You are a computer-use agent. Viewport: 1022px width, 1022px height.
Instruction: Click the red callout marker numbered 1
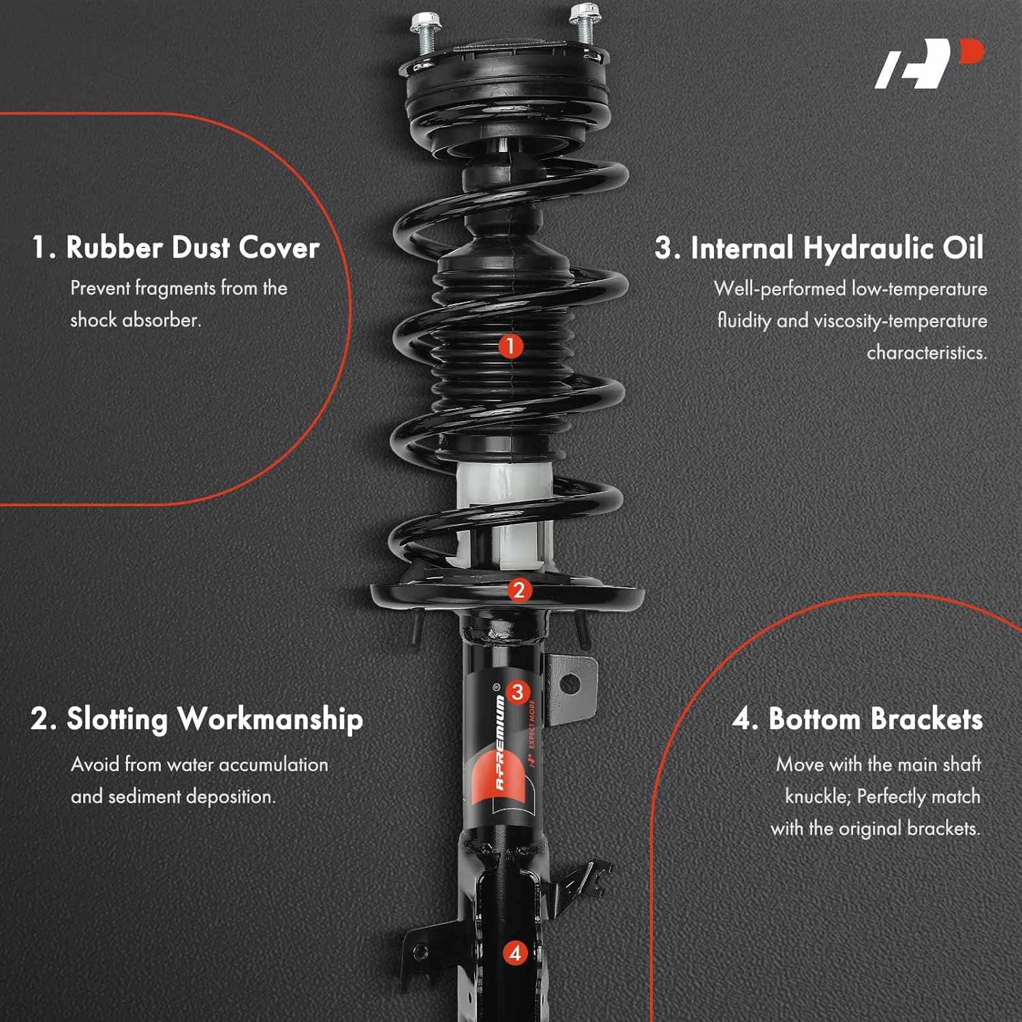pos(510,346)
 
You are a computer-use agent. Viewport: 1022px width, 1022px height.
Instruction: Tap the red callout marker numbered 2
pos(518,590)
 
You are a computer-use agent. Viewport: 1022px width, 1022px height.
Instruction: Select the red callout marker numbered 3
pos(518,692)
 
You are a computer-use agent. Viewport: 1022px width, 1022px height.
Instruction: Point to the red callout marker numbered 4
pos(515,953)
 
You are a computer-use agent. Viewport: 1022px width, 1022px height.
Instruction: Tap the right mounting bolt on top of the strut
pos(583,24)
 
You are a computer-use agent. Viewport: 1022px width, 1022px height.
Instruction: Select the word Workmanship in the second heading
pos(270,719)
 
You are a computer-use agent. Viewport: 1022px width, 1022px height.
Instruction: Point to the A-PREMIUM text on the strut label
pos(501,743)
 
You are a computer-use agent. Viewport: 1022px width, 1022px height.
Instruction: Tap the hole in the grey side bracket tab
pos(570,683)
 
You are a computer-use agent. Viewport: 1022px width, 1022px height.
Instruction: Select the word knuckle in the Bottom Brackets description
pos(816,796)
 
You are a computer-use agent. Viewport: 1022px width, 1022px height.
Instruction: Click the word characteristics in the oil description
pos(927,353)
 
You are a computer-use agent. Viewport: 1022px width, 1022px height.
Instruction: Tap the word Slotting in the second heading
pos(117,719)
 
